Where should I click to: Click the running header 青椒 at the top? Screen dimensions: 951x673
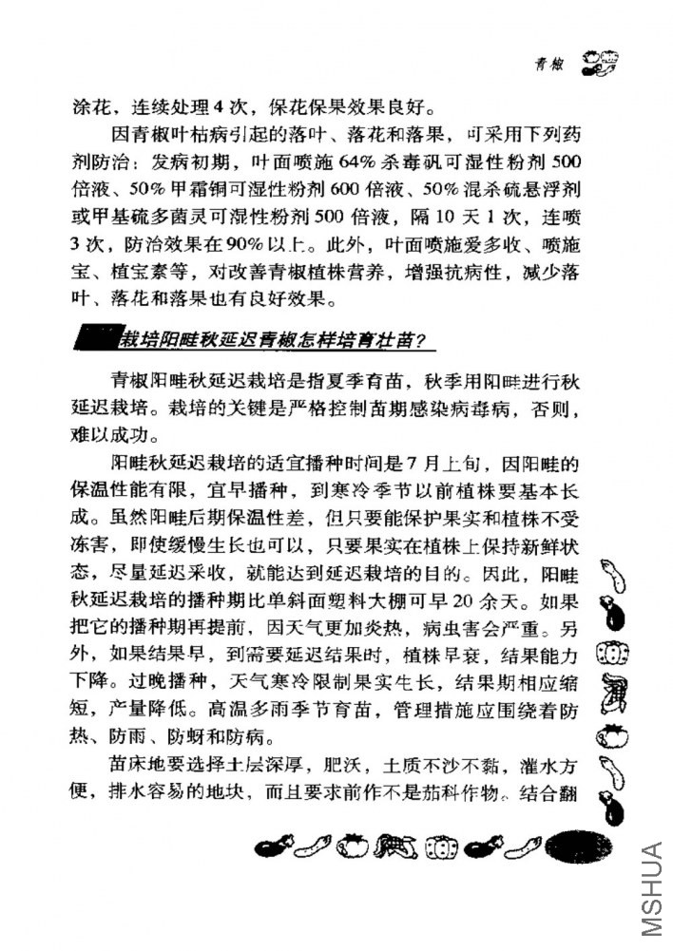(x=546, y=66)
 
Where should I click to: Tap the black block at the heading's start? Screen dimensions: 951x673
(x=95, y=338)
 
